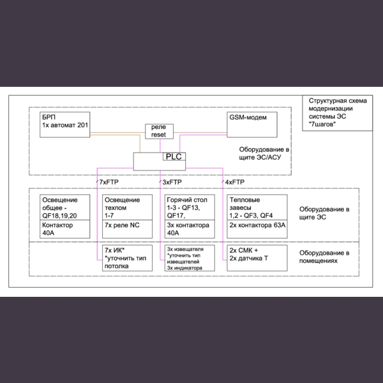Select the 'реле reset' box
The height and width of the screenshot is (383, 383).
click(159, 131)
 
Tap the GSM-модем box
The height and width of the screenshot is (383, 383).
click(253, 124)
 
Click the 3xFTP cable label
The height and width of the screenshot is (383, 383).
click(170, 183)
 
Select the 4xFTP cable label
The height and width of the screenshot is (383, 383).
click(234, 183)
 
